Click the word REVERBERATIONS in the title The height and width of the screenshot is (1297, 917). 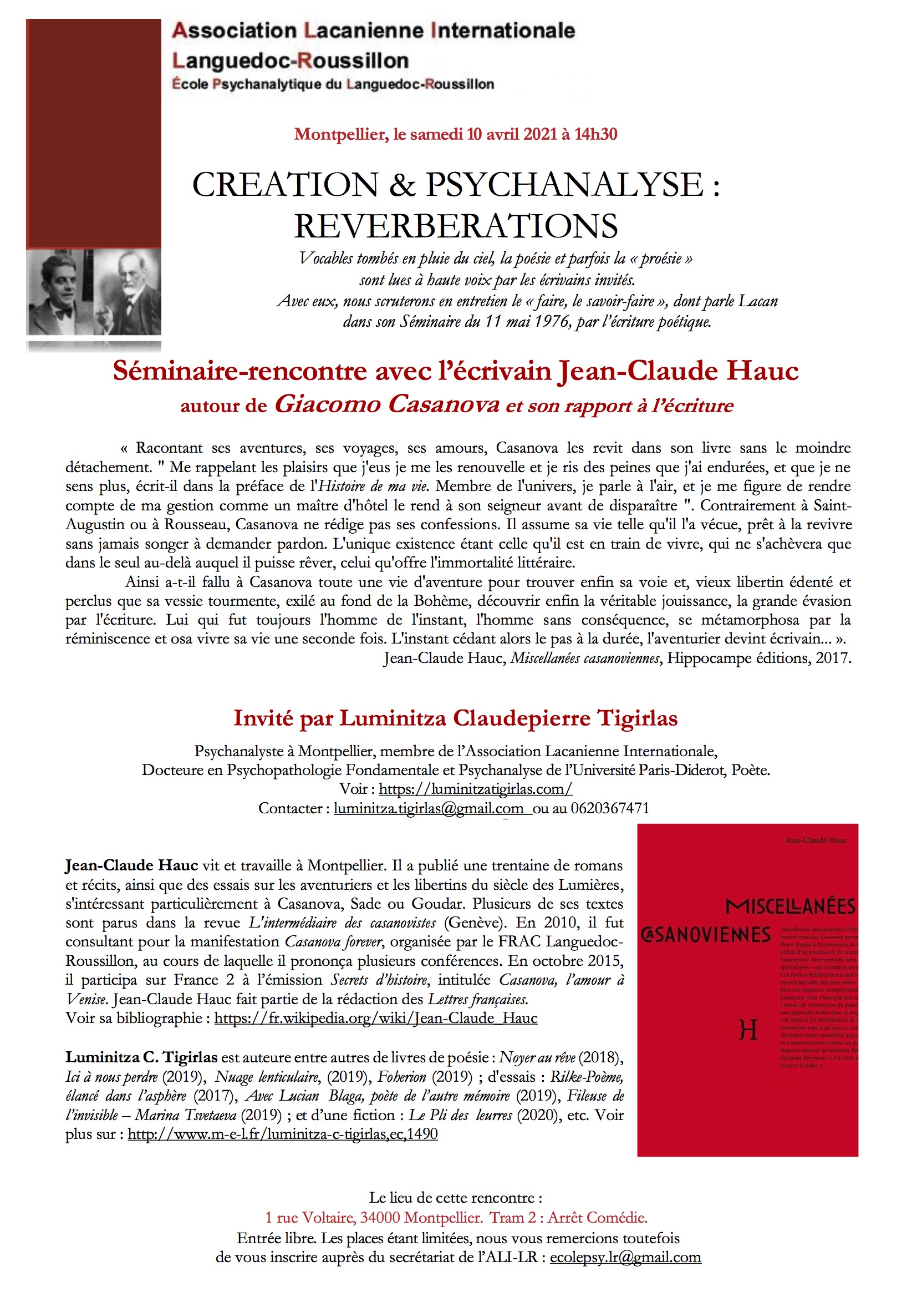pyautogui.click(x=456, y=226)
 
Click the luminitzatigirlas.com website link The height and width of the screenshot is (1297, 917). pyautogui.click(x=476, y=789)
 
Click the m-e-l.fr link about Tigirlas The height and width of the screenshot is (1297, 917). pyautogui.click(x=282, y=1134)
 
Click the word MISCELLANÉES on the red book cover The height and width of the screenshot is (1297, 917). pyautogui.click(x=791, y=906)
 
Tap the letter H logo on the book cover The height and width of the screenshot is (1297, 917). pyautogui.click(x=748, y=1031)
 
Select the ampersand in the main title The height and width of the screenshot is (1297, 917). pyautogui.click(x=401, y=185)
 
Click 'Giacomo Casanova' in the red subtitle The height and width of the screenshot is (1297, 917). pyautogui.click(x=388, y=404)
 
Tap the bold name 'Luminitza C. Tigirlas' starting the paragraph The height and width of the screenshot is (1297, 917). pyautogui.click(x=141, y=1057)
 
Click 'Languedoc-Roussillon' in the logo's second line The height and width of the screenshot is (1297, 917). pyautogui.click(x=290, y=60)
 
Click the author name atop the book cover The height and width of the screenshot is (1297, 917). pyautogui.click(x=816, y=840)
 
